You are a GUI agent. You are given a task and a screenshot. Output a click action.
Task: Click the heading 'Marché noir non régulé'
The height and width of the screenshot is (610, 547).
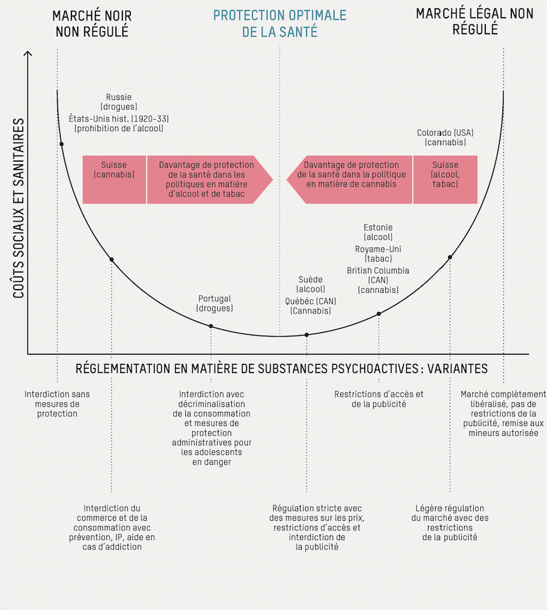pos(90,23)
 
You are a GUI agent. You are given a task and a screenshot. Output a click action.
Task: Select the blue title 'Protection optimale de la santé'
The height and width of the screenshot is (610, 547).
pos(280,23)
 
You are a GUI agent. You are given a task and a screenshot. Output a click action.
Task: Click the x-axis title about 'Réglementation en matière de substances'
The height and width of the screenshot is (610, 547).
pos(281,369)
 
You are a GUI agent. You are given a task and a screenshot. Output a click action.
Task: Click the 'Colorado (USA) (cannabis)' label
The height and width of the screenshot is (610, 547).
pos(445,138)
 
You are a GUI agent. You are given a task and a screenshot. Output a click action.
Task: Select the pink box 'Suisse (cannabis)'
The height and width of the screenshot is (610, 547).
pos(114,170)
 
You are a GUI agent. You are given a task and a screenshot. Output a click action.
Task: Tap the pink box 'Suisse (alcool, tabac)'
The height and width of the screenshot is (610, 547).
pos(444,174)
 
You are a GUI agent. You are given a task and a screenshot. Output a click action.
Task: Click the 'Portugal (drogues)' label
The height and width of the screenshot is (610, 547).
pos(215,303)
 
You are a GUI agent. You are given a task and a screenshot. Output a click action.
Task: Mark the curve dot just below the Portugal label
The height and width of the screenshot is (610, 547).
pos(211,326)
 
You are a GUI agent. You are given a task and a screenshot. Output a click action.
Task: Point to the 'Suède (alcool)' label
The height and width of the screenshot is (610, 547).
pos(311,284)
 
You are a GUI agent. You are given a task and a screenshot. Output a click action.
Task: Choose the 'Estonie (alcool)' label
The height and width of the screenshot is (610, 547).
pos(378,232)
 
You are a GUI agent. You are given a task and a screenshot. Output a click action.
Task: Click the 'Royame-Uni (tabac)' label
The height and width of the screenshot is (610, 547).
pos(378,253)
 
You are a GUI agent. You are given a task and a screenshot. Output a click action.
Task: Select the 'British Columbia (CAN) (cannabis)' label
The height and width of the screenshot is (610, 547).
pos(378,280)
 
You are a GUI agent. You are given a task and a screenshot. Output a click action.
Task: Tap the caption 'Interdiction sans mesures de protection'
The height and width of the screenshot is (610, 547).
pos(57,404)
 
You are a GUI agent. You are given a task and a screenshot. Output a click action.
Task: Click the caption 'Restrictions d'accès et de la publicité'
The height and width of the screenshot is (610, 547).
pos(379,399)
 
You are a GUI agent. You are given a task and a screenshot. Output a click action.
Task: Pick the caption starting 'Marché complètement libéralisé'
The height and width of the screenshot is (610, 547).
pos(503,413)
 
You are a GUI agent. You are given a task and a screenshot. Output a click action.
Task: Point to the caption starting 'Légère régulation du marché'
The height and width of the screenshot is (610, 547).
pos(450,523)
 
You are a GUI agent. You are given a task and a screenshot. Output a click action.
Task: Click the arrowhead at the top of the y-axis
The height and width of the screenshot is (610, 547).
pos(27,54)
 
